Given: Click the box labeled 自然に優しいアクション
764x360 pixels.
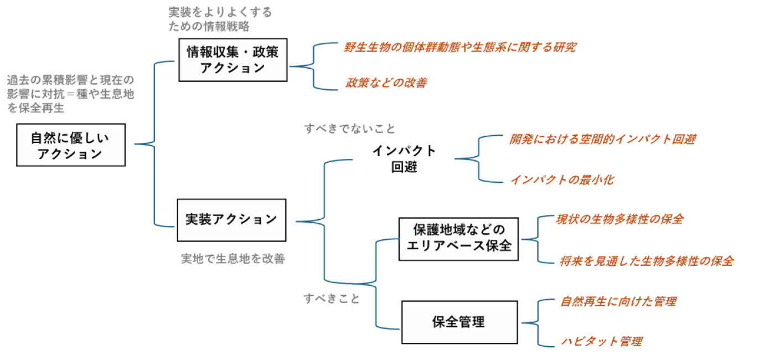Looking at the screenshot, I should click(71, 145).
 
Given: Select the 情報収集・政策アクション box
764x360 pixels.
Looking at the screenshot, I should click(233, 60).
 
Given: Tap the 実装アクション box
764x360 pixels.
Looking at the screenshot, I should click(231, 219).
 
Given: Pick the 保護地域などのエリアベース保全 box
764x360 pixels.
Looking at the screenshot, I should click(459, 238).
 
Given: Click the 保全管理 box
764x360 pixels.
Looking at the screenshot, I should click(459, 322).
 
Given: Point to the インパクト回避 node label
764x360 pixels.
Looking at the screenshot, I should click(404, 158).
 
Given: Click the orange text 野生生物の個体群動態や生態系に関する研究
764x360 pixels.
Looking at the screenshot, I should click(460, 48).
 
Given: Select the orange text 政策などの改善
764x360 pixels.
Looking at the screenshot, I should click(386, 83).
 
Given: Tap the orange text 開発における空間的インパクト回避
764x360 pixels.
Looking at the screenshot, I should click(602, 139).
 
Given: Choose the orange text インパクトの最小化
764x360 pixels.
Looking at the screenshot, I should click(561, 179).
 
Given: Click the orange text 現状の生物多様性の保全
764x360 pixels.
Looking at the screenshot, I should click(619, 219).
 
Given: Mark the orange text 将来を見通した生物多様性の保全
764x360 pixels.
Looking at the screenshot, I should click(647, 261).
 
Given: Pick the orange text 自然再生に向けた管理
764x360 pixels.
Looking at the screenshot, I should click(618, 302).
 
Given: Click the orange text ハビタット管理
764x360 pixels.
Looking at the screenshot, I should click(601, 341).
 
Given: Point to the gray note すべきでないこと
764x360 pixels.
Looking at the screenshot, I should click(350, 128).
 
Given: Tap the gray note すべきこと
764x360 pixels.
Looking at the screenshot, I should click(332, 299).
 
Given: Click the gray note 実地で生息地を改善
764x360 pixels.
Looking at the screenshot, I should click(233, 259).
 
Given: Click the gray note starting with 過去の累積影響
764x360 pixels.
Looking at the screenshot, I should click(70, 94).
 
